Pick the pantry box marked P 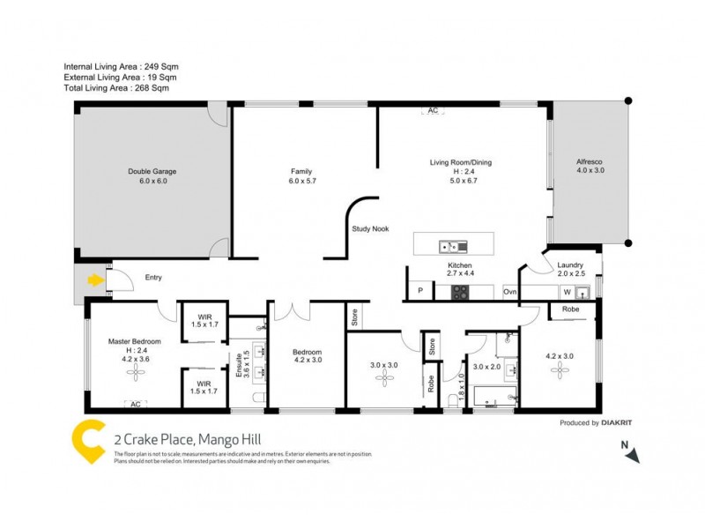tap(419, 291)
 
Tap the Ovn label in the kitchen tap(509, 291)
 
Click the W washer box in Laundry tap(568, 292)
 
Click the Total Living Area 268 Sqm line tap(116, 88)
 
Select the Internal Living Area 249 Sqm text tap(122, 67)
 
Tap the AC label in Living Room tap(432, 111)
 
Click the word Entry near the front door tap(153, 278)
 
